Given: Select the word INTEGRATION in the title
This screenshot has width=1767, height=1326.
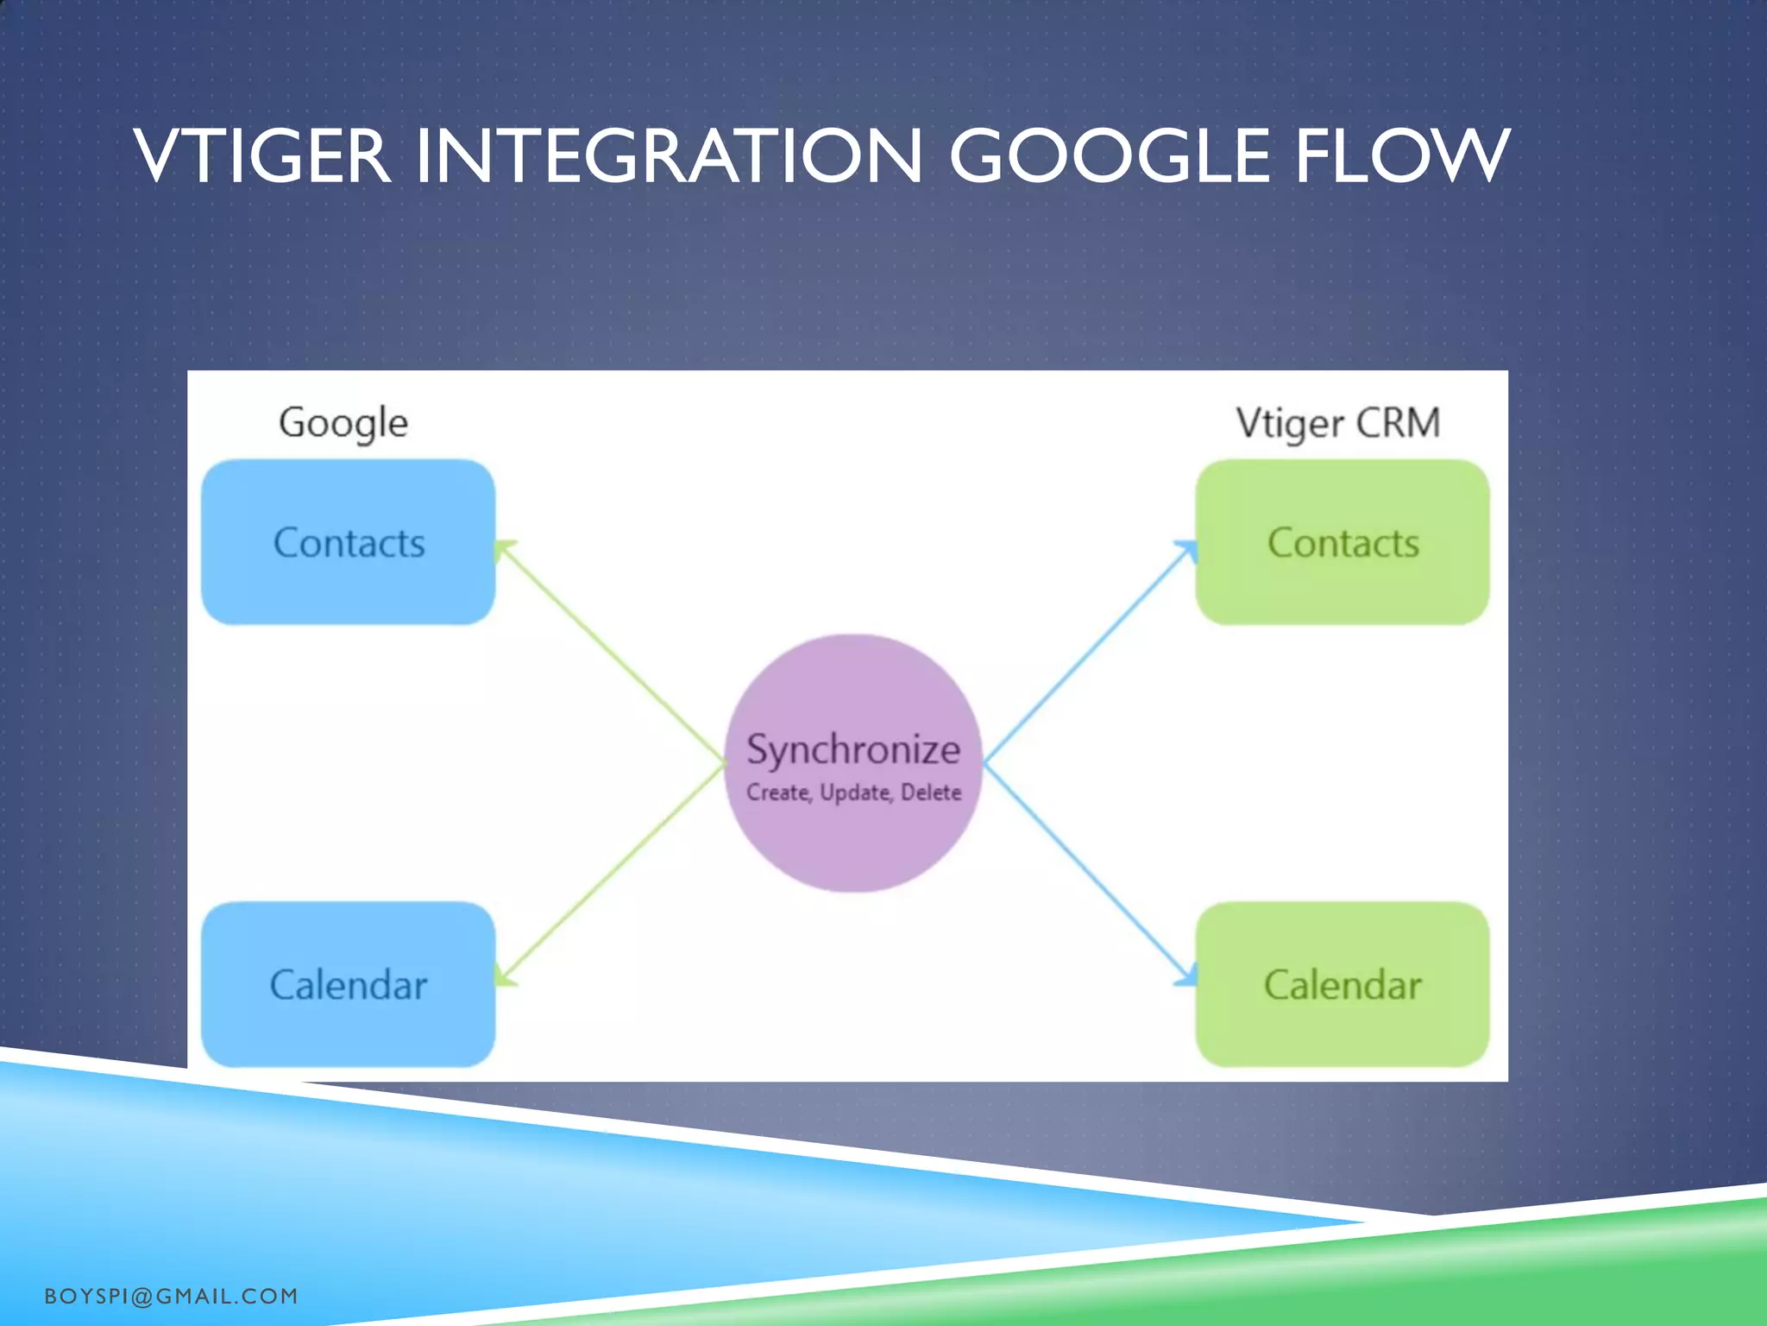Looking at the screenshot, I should click(670, 156).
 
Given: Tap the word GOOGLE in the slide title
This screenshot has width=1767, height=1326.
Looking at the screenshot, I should click(1110, 156).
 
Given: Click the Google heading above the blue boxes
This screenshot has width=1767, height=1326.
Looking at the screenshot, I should click(343, 423).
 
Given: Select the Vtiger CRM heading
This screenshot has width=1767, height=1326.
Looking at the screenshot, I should click(1337, 423).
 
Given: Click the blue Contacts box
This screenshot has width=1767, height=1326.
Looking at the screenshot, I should click(348, 542).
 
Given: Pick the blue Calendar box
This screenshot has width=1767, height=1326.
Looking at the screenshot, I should click(348, 984).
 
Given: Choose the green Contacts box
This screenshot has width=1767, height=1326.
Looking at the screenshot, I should click(1343, 542).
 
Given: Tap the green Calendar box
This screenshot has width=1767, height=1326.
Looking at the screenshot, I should click(1343, 984).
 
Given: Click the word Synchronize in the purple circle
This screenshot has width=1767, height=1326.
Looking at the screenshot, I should click(852, 749).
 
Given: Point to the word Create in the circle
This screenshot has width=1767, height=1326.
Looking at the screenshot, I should click(777, 792).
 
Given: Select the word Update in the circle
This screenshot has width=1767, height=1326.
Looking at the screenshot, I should click(854, 792).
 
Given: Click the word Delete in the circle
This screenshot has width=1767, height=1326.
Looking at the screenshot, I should click(930, 792).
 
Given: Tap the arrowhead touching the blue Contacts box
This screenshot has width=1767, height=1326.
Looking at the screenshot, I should click(504, 550).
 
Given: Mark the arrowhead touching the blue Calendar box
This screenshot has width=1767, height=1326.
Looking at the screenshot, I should click(505, 976).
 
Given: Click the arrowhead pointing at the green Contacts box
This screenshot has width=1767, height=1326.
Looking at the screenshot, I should click(1188, 550).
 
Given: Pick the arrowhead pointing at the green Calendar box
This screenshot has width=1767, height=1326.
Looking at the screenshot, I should click(1186, 976).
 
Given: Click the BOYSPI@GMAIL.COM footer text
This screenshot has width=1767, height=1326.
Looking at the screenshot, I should click(171, 1296).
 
